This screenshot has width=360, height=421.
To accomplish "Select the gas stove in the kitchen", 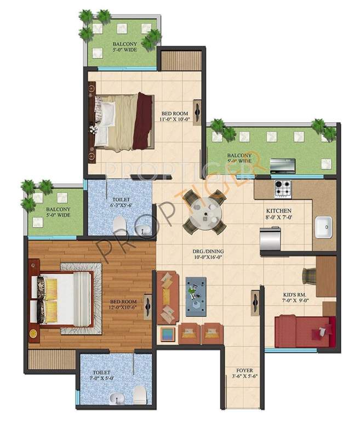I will tap(284, 187).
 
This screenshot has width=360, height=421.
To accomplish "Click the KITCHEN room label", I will tap(278, 211).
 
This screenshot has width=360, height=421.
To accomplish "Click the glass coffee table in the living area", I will tap(196, 296).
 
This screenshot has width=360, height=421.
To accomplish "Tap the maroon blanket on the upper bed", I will tap(144, 121).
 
